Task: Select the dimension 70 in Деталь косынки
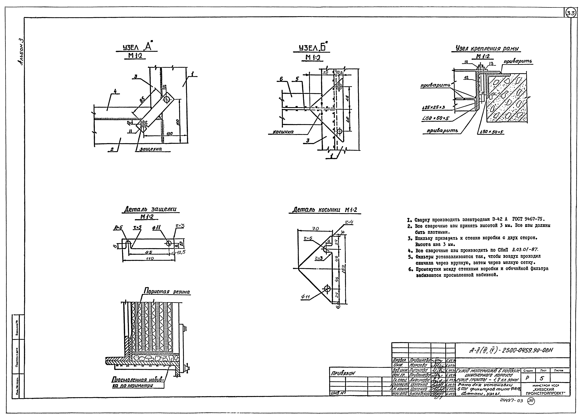click(315, 228)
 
